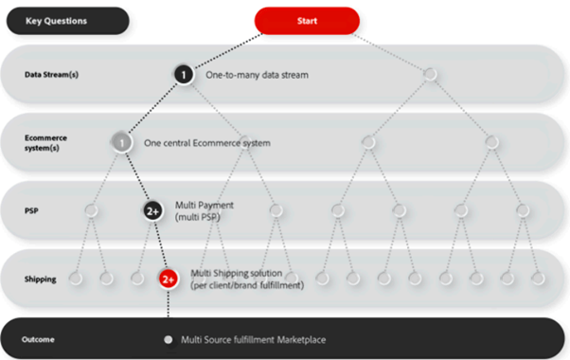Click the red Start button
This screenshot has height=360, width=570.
[x=307, y=21]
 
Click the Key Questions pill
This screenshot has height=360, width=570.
[x=68, y=21]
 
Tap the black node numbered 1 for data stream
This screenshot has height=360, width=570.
[x=184, y=75]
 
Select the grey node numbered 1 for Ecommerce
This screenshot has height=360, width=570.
[x=122, y=142]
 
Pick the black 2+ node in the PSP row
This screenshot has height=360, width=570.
[x=152, y=211]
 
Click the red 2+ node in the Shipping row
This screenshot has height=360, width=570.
[x=169, y=279]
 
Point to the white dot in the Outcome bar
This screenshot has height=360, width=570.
[x=168, y=340]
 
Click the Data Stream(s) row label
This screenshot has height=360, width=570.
[x=52, y=75]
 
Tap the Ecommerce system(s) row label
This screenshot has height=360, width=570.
[x=45, y=143]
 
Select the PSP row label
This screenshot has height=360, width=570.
[x=31, y=211]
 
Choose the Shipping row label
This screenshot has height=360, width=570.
[x=41, y=279]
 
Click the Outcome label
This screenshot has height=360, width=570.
[x=38, y=340]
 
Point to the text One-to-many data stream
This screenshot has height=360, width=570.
[x=257, y=75]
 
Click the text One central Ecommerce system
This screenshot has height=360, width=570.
[x=207, y=143]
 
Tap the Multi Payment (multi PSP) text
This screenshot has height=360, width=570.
[x=205, y=211]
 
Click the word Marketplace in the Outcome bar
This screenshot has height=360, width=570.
[x=301, y=340]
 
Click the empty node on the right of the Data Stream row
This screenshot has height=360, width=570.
[x=430, y=74]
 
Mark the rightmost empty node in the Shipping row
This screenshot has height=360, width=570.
[x=538, y=279]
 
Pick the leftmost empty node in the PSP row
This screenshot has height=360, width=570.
[x=91, y=210]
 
